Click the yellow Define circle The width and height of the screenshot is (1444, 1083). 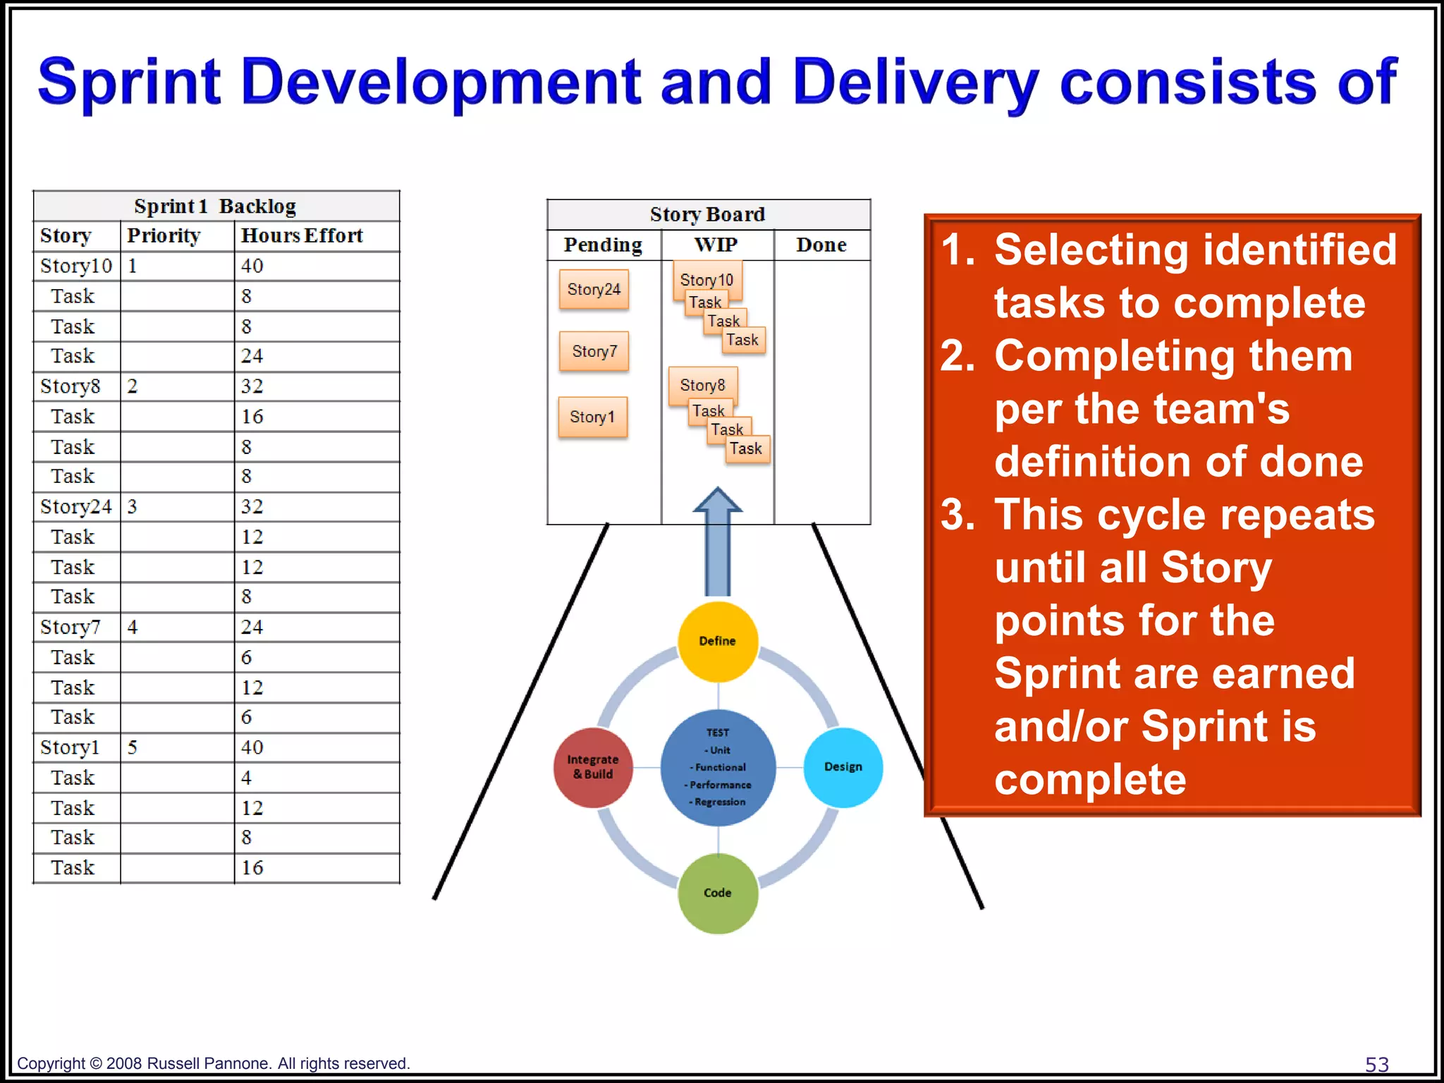(x=718, y=641)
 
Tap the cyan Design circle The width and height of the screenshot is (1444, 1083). (x=843, y=766)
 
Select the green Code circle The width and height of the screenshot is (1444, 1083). (x=718, y=893)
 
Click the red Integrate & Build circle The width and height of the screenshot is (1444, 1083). (x=593, y=766)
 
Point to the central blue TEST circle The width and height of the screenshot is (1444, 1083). (x=718, y=767)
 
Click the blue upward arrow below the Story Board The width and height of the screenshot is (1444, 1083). (x=718, y=543)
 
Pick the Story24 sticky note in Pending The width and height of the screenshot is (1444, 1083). (x=594, y=289)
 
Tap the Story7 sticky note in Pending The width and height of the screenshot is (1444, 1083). (x=594, y=351)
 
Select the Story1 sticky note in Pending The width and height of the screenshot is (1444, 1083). (x=592, y=417)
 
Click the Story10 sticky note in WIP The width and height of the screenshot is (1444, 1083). (x=706, y=279)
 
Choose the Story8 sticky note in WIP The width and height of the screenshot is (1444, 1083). (x=702, y=384)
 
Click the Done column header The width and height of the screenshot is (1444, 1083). (x=821, y=245)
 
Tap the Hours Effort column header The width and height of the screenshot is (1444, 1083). (x=302, y=235)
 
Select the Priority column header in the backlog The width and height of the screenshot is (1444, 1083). (x=164, y=235)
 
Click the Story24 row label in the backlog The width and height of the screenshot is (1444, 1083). (x=75, y=507)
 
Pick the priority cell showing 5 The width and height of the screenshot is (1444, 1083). (x=133, y=747)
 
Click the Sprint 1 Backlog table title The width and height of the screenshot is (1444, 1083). (x=215, y=206)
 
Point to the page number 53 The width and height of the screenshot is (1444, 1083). (x=1376, y=1064)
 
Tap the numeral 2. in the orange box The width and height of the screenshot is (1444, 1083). (x=957, y=355)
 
